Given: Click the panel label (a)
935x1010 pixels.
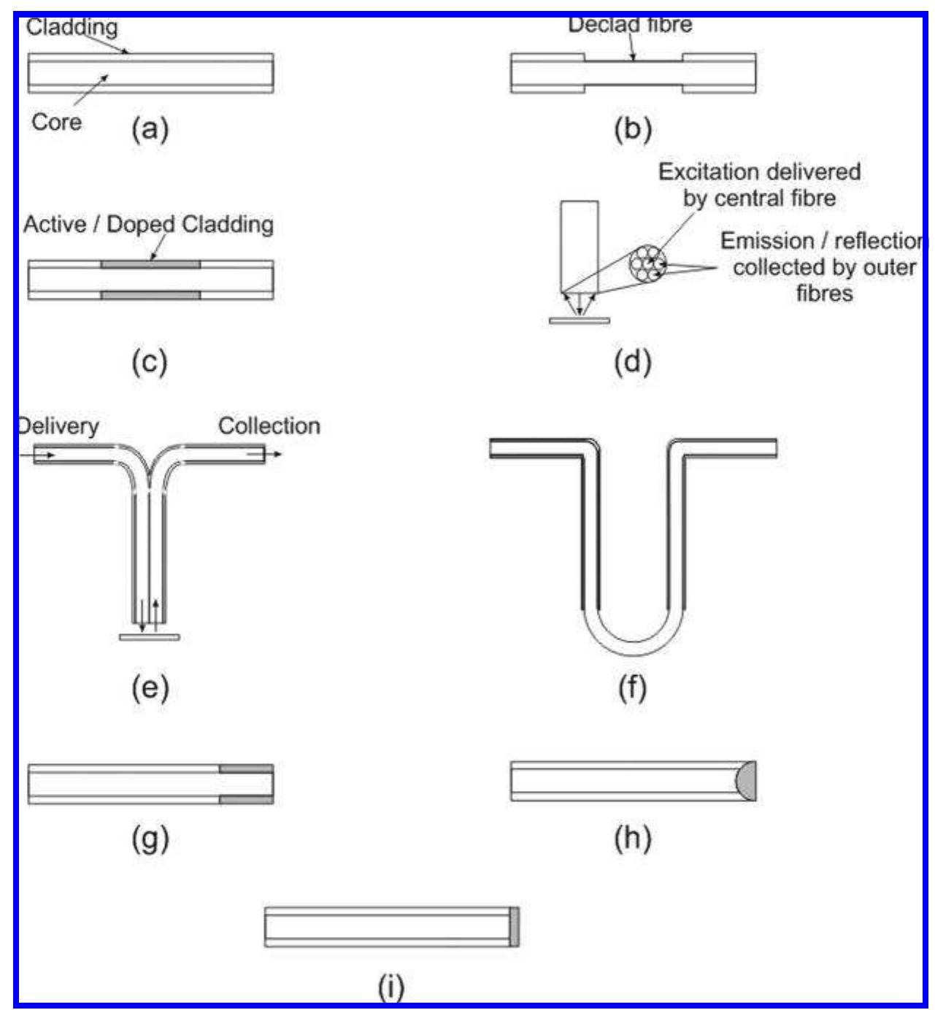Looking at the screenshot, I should tap(150, 129).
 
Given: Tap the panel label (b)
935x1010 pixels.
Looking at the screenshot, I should tap(632, 129).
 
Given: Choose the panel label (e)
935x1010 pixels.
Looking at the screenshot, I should tap(150, 687).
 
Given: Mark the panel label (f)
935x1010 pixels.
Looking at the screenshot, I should tap(632, 687).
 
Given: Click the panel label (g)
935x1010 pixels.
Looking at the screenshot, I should tap(150, 839).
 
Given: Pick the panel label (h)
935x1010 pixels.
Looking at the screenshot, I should tap(632, 839).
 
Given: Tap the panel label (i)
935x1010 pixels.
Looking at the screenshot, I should tap(391, 987).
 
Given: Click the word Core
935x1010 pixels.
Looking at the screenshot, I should tap(56, 122).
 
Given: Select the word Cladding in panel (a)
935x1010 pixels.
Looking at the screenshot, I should tap(72, 28).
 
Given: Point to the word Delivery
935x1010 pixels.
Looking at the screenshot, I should tap(58, 425).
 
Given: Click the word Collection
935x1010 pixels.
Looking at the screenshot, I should tap(269, 425).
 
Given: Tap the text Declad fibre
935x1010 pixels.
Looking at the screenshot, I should tap(630, 25).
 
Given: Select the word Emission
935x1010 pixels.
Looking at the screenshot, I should tap(766, 241).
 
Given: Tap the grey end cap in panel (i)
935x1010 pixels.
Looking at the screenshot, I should tap(515, 927).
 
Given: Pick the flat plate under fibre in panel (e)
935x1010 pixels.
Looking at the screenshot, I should tap(149, 637).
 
